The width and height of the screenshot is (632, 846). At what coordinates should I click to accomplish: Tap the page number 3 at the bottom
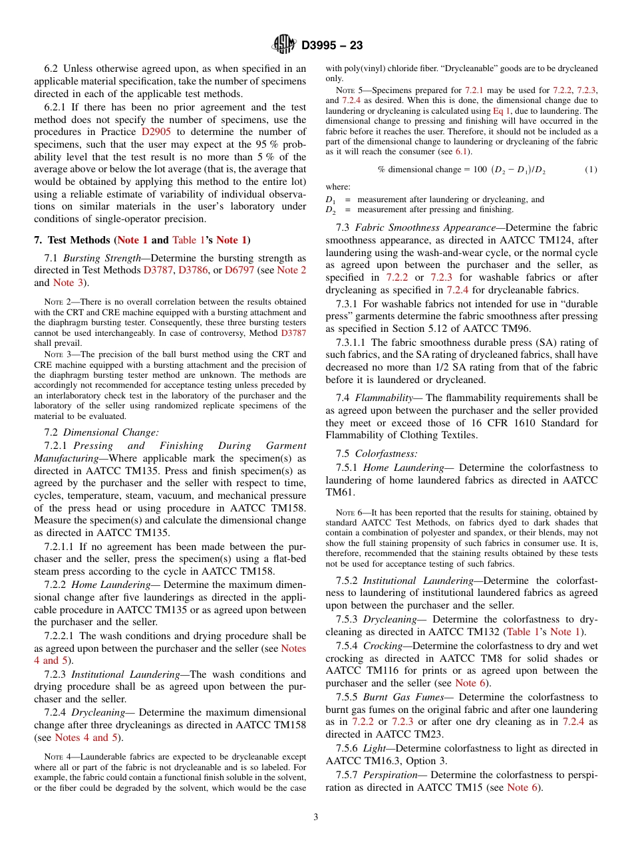tap(316, 817)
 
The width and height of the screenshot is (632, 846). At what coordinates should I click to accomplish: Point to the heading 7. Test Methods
tap(73, 240)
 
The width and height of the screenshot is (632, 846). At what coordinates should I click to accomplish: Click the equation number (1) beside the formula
tap(591, 170)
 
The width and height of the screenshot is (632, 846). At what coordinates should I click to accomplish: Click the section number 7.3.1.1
tap(353, 343)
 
